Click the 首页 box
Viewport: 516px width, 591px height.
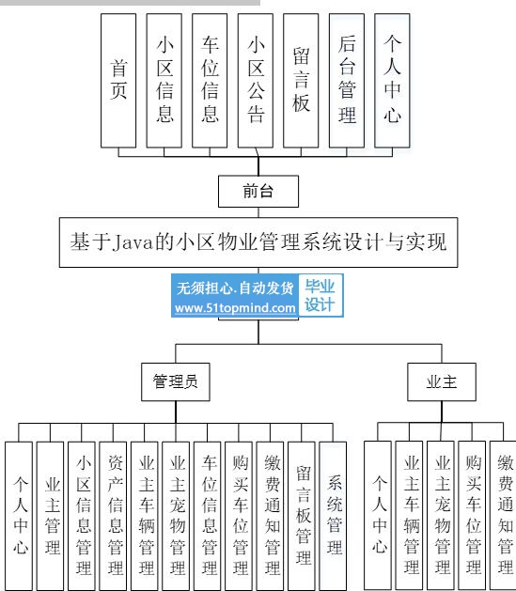pos(118,81)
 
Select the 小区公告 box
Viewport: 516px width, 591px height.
pos(255,81)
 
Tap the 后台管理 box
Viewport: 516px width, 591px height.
pos(347,81)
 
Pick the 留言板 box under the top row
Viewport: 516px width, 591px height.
pos(301,81)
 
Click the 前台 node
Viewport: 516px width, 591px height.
pos(258,191)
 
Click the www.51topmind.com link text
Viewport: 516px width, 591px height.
pos(235,308)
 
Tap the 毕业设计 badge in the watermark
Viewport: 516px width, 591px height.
pos(320,295)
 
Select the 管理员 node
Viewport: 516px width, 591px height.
pos(175,381)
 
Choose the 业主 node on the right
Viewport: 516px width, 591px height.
pos(442,381)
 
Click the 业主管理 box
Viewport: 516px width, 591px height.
pos(50,516)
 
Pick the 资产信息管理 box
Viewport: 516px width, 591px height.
pos(113,516)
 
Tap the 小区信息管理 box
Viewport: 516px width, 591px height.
pos(82,516)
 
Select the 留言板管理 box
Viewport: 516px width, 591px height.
pos(301,516)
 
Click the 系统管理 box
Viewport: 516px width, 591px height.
pos(333,516)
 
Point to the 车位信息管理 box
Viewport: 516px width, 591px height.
pos(207,516)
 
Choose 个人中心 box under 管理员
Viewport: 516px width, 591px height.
pos(19,516)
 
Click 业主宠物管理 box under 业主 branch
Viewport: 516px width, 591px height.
pos(440,515)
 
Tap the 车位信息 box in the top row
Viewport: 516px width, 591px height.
pos(210,81)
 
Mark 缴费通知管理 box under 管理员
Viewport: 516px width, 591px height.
pos(270,516)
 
